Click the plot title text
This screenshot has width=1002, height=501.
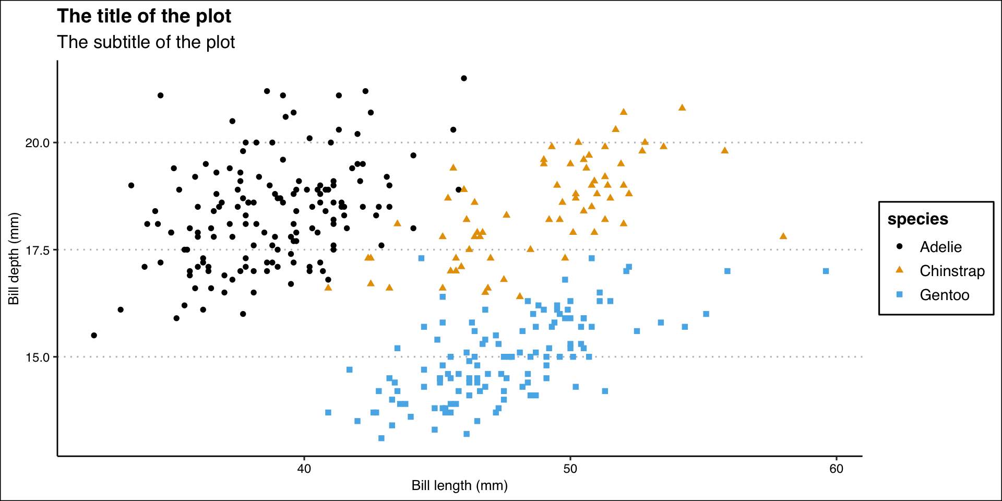pos(144,16)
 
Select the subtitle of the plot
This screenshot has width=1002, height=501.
pos(146,42)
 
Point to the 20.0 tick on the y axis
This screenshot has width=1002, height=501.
pos(38,143)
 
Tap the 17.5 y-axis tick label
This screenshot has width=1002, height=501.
pos(38,250)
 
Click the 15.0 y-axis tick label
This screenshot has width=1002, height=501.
pos(38,357)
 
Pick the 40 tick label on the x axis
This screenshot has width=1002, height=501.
pos(304,469)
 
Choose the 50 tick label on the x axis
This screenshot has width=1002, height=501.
pos(570,469)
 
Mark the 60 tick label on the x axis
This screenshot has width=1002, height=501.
pos(836,469)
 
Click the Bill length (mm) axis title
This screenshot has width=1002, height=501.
pos(459,486)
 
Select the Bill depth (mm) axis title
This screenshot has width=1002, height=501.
pos(14,259)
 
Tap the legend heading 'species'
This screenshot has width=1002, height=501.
pos(917,219)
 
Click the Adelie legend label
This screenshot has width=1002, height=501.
pos(940,247)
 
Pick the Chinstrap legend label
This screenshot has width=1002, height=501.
pos(952,271)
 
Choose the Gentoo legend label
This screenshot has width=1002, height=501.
pos(944,295)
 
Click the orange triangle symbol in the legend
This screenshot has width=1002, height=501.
pos(899,270)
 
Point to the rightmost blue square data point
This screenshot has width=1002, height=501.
pos(826,271)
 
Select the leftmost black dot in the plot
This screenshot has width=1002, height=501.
pos(94,336)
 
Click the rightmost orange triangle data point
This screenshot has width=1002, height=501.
pos(783,236)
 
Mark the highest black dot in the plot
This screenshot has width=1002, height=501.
pos(463,78)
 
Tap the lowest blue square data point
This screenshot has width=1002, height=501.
pos(381,438)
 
